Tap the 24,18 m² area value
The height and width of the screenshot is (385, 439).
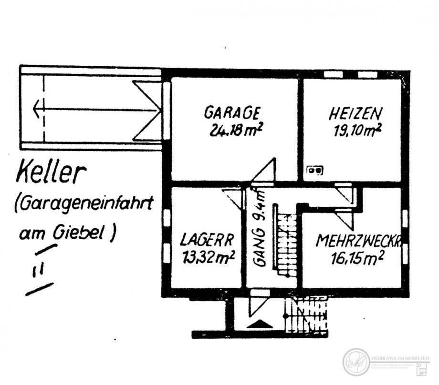pos(237,130)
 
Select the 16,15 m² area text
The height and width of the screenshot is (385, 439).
pos(357,258)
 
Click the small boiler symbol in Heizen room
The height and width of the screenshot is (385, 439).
pos(314,169)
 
